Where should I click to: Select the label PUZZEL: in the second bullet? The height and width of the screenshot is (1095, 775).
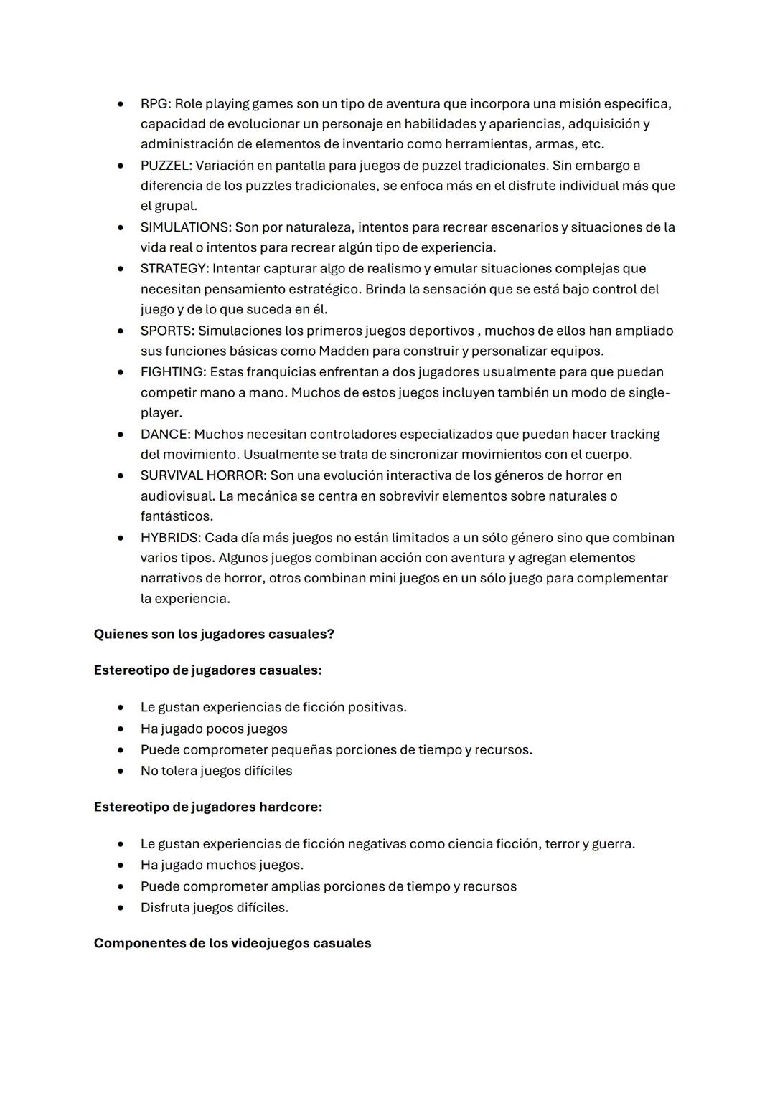pyautogui.click(x=166, y=166)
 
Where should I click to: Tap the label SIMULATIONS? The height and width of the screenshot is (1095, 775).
pyautogui.click(x=185, y=227)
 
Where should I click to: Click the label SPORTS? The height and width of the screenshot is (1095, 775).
pyautogui.click(x=167, y=331)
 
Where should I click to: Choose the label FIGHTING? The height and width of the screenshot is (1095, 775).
pyautogui.click(x=173, y=372)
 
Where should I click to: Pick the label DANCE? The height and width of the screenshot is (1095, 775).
pyautogui.click(x=166, y=435)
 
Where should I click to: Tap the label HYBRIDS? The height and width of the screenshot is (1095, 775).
pyautogui.click(x=171, y=538)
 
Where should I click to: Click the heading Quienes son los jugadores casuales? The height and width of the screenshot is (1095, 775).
pyautogui.click(x=214, y=635)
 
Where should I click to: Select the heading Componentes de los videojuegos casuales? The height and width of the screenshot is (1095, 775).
pyautogui.click(x=232, y=943)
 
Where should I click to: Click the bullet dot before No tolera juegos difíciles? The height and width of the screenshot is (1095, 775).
pyautogui.click(x=121, y=772)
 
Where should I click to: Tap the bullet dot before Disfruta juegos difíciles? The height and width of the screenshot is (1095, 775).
pyautogui.click(x=121, y=908)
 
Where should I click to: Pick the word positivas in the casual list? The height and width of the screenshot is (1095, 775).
pyautogui.click(x=377, y=708)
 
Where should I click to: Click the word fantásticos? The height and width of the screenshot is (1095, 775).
pyautogui.click(x=177, y=516)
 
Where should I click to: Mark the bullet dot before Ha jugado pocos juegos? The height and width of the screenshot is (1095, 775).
pyautogui.click(x=121, y=729)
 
